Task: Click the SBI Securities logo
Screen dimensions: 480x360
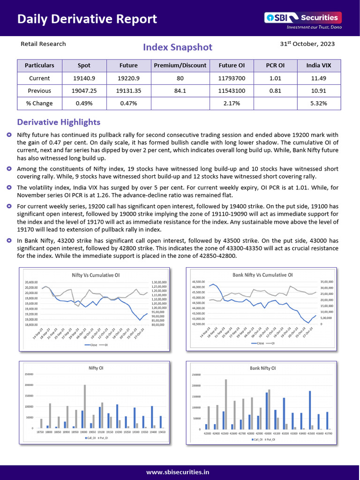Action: pyautogui.click(x=303, y=18)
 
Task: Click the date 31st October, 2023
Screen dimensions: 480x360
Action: pyautogui.click(x=307, y=44)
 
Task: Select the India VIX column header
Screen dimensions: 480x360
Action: pyautogui.click(x=319, y=66)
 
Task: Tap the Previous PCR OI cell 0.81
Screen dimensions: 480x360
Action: pyautogui.click(x=275, y=91)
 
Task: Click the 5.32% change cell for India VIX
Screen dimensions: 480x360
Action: pyautogui.click(x=319, y=103)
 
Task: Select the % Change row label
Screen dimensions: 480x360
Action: pyautogui.click(x=39, y=103)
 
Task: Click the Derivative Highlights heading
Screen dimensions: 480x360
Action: pyautogui.click(x=59, y=122)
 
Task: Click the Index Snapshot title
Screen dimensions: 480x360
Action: pyautogui.click(x=178, y=47)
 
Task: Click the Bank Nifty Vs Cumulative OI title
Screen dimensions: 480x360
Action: pyautogui.click(x=262, y=275)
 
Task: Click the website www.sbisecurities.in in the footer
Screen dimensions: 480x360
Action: pyautogui.click(x=178, y=472)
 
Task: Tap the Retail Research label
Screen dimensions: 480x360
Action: pyautogui.click(x=43, y=44)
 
